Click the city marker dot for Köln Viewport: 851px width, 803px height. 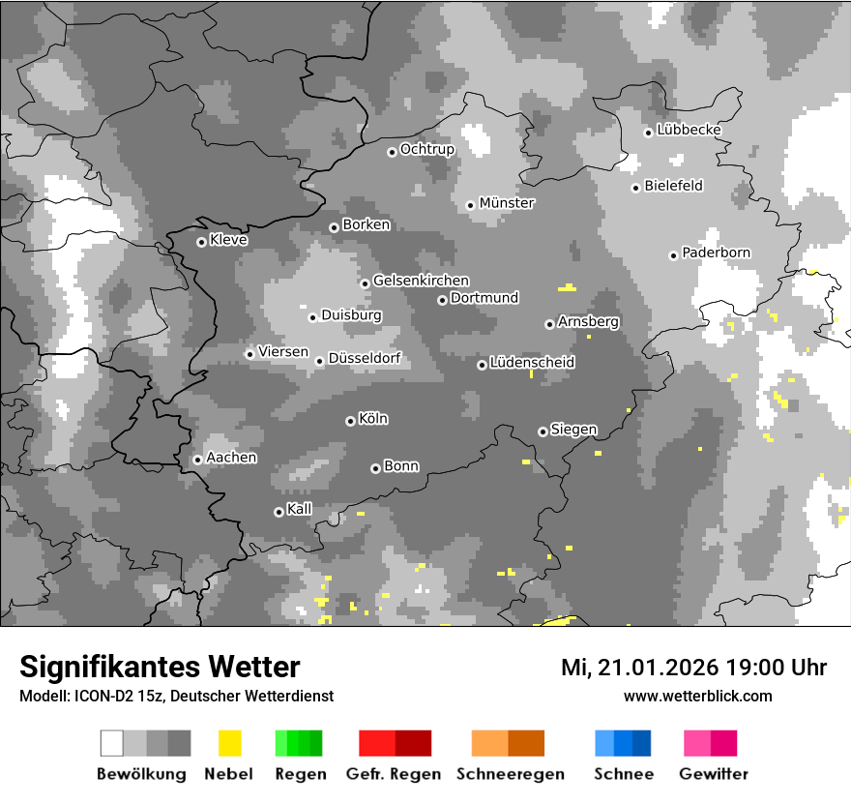click(x=350, y=421)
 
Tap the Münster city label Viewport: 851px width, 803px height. click(x=507, y=203)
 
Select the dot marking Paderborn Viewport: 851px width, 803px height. click(x=673, y=255)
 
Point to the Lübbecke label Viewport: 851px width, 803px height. click(x=689, y=130)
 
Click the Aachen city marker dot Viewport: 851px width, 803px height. click(x=197, y=460)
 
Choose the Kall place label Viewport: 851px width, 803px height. click(x=300, y=509)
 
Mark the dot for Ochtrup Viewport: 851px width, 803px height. click(x=392, y=151)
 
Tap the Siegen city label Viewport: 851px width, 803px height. click(x=573, y=430)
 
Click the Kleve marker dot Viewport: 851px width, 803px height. click(x=201, y=242)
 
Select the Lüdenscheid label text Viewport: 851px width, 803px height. click(x=532, y=363)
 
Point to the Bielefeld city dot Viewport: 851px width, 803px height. click(x=635, y=188)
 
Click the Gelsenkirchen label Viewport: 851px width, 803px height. click(x=421, y=281)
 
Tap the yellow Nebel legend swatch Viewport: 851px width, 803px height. click(x=229, y=743)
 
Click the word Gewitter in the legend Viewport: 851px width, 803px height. click(x=714, y=774)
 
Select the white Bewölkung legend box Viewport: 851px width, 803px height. click(x=112, y=743)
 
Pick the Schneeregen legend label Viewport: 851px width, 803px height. click(x=510, y=774)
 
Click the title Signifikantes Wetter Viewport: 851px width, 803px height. click(x=160, y=667)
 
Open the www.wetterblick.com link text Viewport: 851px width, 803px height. click(x=697, y=696)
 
